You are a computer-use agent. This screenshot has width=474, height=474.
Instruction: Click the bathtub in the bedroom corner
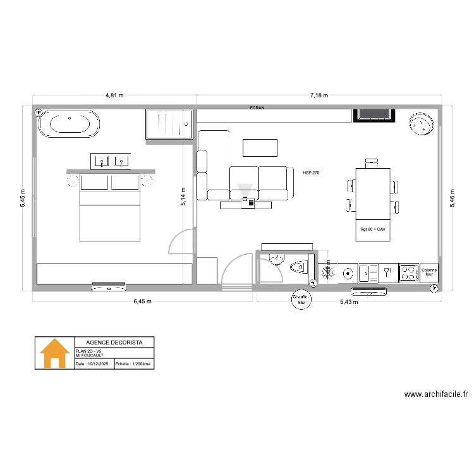click(70, 125)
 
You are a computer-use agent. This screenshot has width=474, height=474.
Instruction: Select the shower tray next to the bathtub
click(168, 124)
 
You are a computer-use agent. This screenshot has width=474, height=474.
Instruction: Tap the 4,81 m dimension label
click(114, 95)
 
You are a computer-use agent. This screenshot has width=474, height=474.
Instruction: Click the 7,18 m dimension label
click(319, 95)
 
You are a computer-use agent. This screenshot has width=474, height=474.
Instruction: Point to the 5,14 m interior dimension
click(183, 198)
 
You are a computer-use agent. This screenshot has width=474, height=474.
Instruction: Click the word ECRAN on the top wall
click(257, 108)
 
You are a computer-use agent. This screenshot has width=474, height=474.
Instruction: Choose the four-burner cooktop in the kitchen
click(408, 272)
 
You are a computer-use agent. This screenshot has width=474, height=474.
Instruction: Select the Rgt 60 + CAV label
click(372, 229)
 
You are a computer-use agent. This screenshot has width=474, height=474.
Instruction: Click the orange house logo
click(54, 353)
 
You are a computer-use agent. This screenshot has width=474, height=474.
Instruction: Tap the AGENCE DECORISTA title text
click(114, 342)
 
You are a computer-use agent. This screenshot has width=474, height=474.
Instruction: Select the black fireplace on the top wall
click(374, 114)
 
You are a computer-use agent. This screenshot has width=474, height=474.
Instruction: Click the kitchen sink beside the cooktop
click(367, 273)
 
